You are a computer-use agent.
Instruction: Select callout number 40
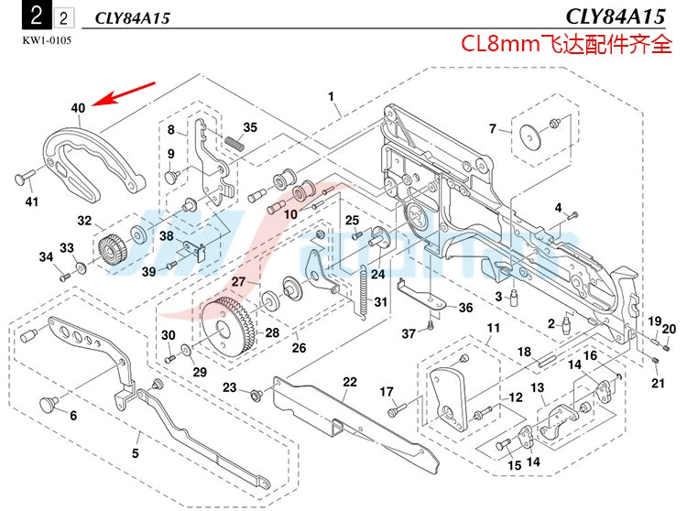point(78,108)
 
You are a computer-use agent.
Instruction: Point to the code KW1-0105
point(45,39)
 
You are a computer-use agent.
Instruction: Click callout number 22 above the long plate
point(349,382)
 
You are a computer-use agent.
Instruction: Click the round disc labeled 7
point(529,135)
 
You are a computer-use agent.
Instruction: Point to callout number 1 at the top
point(331,95)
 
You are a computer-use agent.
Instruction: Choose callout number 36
point(465,308)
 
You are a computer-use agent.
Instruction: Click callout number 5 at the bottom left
point(135,453)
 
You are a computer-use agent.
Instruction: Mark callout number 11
point(493,328)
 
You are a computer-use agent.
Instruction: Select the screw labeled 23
point(256,392)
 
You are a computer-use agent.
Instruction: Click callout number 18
point(524,352)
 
